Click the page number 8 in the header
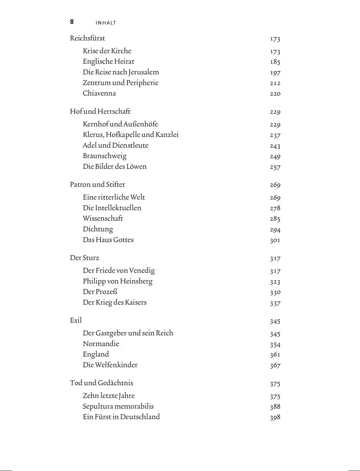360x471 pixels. (x=72, y=22)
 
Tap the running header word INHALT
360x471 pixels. (x=106, y=23)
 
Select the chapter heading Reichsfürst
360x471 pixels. (x=88, y=38)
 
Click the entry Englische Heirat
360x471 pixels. (x=108, y=61)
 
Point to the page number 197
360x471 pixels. (x=275, y=72)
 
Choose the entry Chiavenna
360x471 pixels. (x=99, y=93)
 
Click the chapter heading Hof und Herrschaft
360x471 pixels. (x=100, y=111)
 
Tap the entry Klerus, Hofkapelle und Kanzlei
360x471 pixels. (x=131, y=135)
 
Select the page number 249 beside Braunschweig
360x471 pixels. (x=275, y=156)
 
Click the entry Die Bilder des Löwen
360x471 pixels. (x=114, y=167)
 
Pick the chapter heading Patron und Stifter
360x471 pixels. (x=97, y=184)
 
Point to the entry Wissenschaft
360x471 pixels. (x=103, y=218)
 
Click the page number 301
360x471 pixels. (x=275, y=240)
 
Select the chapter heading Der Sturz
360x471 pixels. (x=85, y=258)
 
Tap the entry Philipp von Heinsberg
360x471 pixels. (x=118, y=281)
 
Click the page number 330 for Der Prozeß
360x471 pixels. (x=275, y=292)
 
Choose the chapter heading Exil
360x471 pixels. (x=76, y=320)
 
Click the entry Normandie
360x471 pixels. (x=101, y=343)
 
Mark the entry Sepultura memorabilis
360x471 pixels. (x=118, y=406)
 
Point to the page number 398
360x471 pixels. (x=275, y=417)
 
